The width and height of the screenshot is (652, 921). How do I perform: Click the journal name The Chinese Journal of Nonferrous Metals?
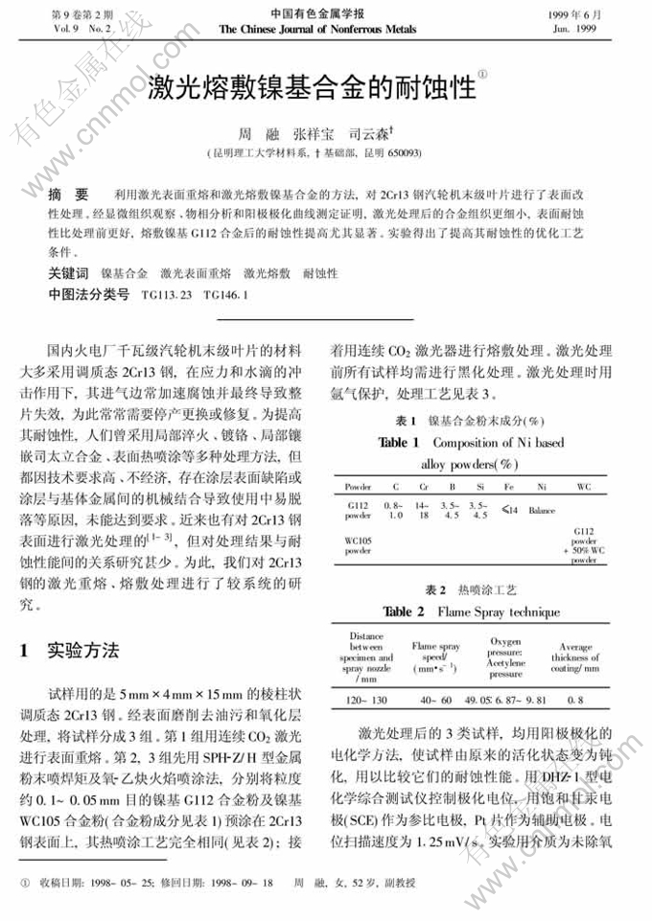point(316,30)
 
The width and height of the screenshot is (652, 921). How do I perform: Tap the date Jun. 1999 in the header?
point(574,30)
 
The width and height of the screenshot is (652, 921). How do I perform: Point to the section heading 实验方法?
point(83,651)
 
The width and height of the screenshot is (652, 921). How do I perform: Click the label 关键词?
point(68,274)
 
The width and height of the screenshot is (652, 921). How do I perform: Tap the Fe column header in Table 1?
point(508,487)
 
